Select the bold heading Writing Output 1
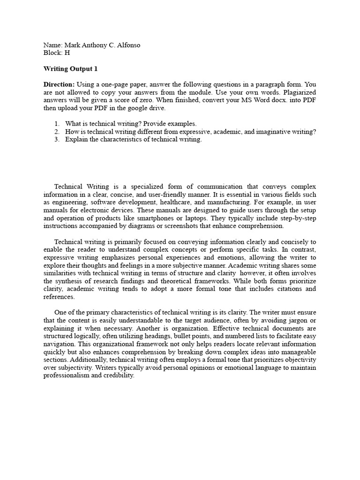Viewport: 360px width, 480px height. [70, 68]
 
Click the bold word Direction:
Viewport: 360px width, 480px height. [59, 84]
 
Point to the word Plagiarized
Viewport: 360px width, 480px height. [298, 92]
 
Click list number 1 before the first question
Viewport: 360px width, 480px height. [56, 124]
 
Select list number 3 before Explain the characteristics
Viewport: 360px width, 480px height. [56, 139]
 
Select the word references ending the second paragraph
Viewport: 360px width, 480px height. [59, 297]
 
